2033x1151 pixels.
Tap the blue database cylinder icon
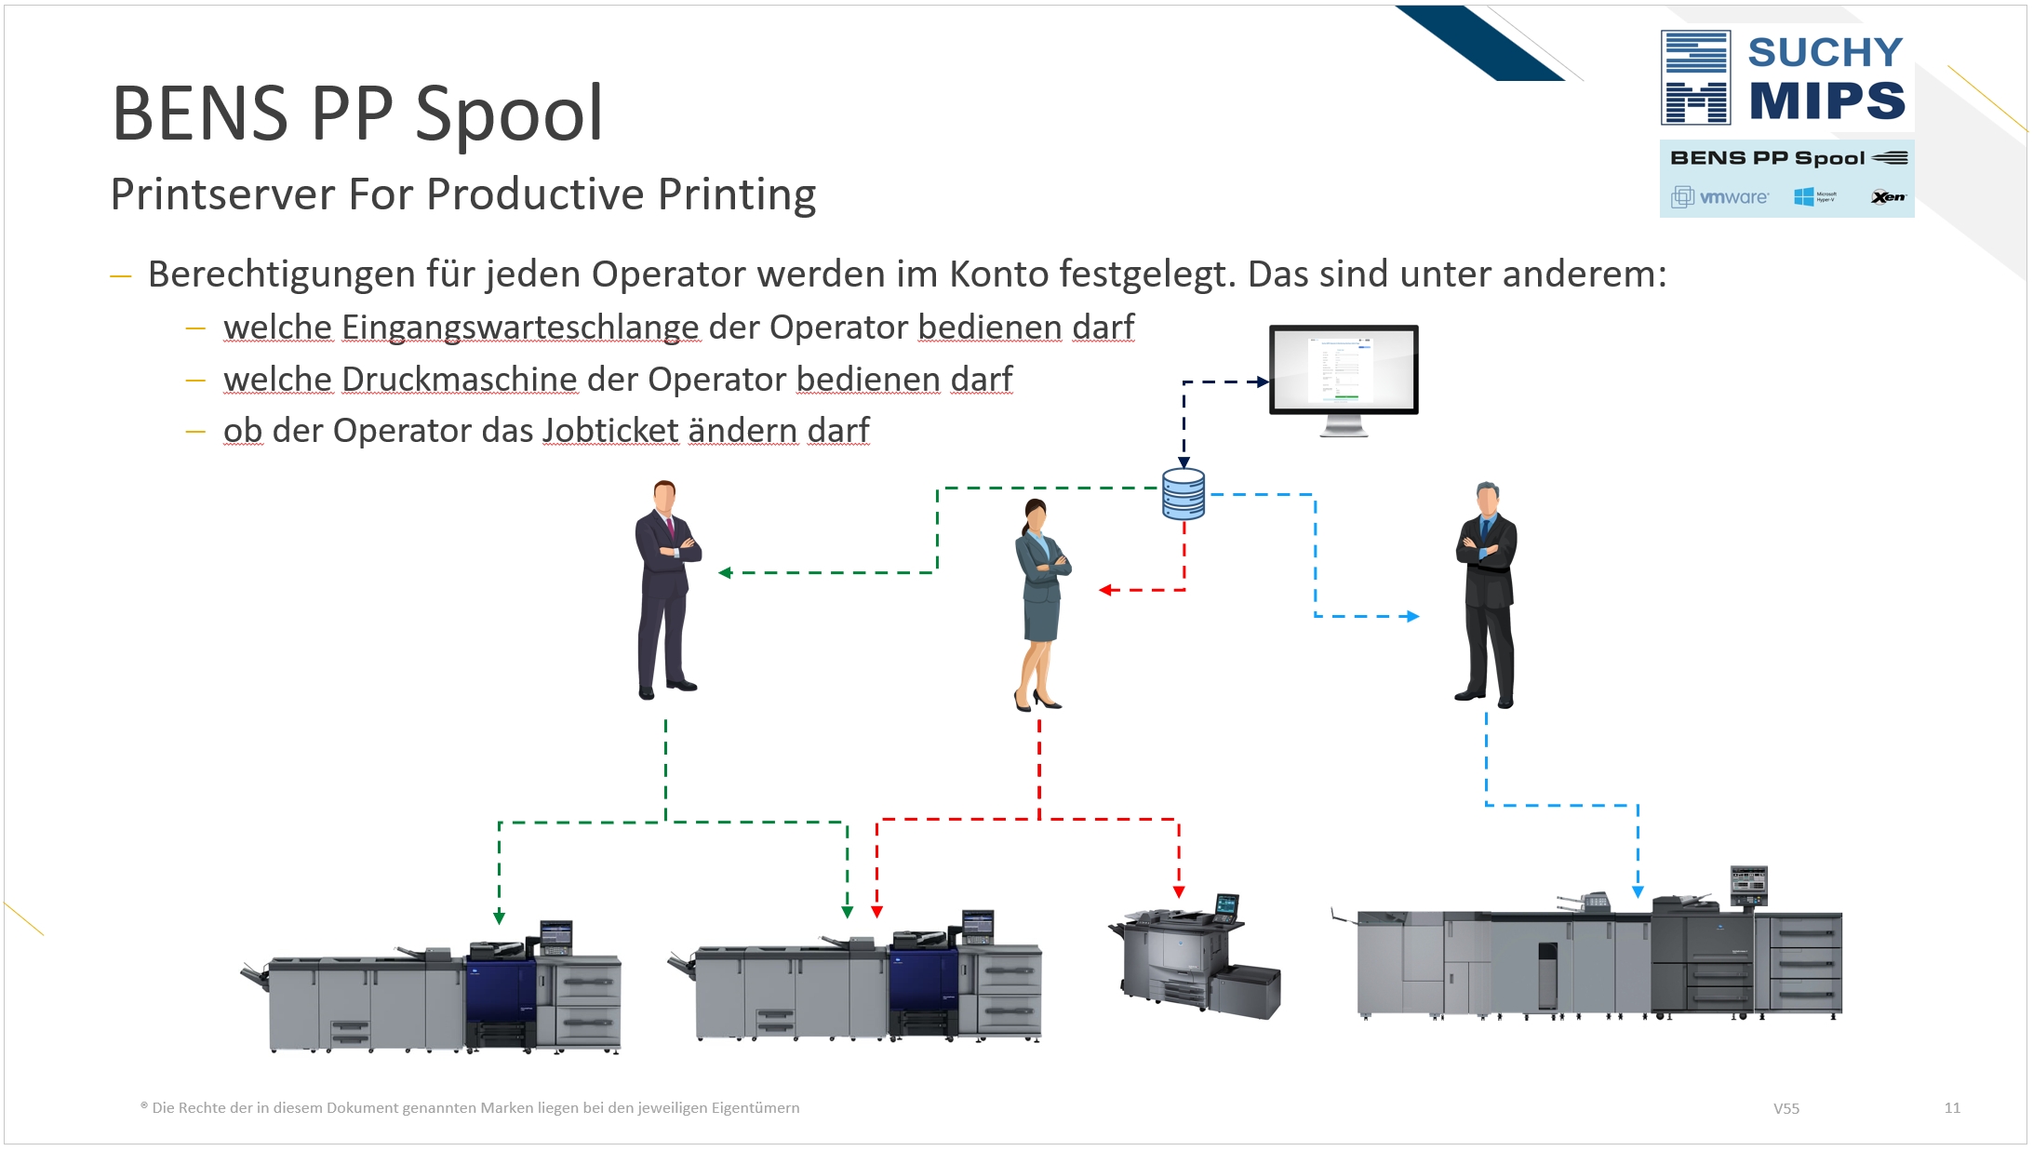point(1184,494)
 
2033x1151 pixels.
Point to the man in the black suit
point(1487,596)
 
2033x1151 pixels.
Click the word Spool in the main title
point(509,114)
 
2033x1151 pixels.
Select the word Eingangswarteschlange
point(520,328)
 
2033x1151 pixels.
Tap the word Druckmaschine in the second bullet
point(460,380)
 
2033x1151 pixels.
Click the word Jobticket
point(610,431)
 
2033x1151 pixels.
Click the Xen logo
point(1888,197)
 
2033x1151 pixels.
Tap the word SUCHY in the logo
point(1826,52)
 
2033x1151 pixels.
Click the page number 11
point(1952,1107)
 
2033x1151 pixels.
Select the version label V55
point(1786,1108)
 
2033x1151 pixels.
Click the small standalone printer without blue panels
point(1196,958)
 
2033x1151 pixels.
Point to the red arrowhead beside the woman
point(1105,590)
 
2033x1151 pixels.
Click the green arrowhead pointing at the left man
point(725,572)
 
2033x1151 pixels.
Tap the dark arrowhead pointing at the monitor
point(1263,381)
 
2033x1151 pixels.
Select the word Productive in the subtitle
point(535,194)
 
